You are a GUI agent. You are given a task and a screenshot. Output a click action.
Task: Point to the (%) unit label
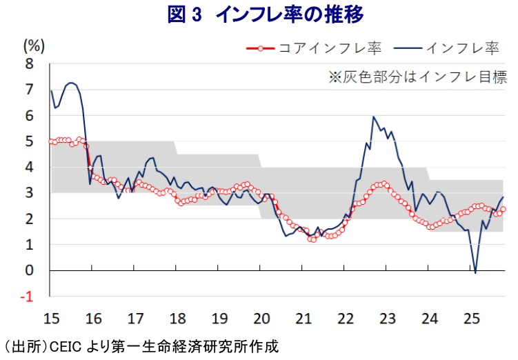click(34, 46)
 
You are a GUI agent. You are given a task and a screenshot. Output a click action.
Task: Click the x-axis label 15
click(51, 319)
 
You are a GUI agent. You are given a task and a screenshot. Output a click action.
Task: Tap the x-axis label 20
click(261, 319)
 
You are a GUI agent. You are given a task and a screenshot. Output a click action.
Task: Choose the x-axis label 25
click(472, 319)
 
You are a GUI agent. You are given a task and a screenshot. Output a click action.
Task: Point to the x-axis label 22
click(346, 319)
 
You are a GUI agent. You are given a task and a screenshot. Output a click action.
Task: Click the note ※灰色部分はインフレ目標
click(417, 77)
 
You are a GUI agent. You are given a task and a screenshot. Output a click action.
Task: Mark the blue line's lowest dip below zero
click(475, 273)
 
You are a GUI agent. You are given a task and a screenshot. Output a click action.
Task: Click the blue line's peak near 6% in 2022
click(373, 117)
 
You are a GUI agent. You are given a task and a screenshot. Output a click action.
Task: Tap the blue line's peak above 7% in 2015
click(71, 83)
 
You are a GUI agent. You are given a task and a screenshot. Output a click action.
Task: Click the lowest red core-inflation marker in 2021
click(311, 239)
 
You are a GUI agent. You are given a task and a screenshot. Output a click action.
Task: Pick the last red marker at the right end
click(503, 209)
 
